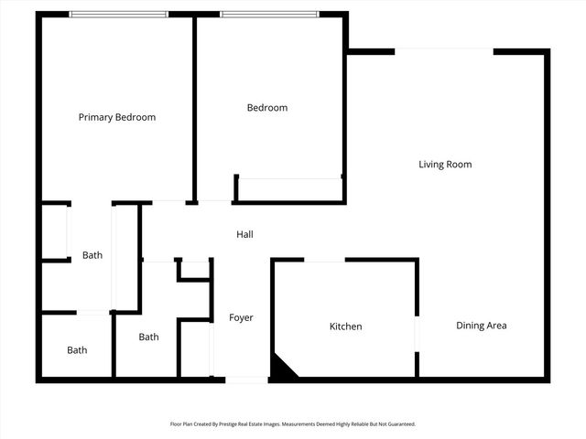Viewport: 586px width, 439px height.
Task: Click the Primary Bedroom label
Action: pos(116,117)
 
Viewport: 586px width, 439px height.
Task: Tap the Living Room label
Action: pos(445,165)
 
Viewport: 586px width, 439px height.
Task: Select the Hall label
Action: pos(244,235)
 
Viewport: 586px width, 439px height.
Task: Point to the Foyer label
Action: pos(241,318)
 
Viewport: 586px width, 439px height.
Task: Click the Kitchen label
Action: pos(346,327)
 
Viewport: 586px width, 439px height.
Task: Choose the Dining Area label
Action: pos(482,326)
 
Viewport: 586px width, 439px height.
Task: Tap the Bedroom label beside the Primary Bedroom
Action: pos(267,108)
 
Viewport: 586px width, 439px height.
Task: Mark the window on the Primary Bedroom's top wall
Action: pos(119,14)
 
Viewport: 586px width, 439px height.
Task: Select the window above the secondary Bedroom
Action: pos(268,14)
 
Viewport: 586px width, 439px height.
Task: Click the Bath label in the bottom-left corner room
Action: pos(77,350)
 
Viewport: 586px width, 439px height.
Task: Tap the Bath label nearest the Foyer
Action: pos(148,337)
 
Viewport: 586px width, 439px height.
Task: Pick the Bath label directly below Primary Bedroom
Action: pos(92,255)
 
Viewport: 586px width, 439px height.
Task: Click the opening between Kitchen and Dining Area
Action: pos(418,333)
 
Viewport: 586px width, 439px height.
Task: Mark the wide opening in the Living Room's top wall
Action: pos(444,51)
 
